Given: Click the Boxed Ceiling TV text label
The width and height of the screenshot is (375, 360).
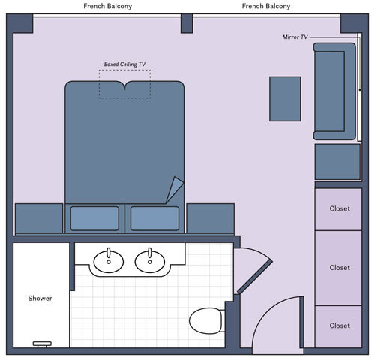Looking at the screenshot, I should (124, 64).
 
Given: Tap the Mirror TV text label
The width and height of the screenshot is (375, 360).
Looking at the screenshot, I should (295, 36).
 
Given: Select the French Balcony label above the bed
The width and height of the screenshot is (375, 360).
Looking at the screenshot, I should (109, 6).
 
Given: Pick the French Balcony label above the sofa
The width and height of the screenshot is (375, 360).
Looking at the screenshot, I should (266, 6).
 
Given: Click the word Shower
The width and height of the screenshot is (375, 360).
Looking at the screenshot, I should (40, 298).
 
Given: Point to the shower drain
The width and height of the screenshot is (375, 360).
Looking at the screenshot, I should (42, 343).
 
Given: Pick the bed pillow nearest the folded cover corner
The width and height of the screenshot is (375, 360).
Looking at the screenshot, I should (154, 218).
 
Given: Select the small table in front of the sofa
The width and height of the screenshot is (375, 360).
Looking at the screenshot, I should (285, 98).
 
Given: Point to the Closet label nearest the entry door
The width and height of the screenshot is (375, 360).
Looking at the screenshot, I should (340, 325).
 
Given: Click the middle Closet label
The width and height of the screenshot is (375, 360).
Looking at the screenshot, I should (340, 267).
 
